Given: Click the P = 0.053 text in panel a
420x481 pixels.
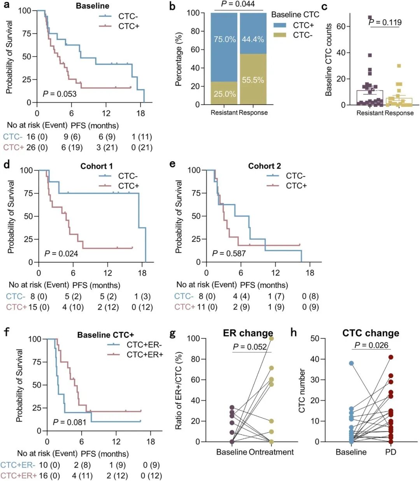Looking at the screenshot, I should point(59,94).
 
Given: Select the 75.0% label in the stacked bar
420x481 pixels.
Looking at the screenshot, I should point(225,39).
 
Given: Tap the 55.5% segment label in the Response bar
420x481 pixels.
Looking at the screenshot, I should point(253,80).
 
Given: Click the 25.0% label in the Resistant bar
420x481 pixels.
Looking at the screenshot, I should point(225,94).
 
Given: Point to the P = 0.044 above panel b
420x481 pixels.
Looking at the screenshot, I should point(238,4).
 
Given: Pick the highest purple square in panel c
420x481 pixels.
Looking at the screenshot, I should point(370,17).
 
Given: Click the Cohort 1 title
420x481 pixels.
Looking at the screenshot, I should point(96,166).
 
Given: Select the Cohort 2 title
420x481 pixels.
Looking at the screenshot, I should point(264,166).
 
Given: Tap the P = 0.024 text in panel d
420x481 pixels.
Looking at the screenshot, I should point(61,254).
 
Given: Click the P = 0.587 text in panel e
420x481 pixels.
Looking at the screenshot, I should point(229,254).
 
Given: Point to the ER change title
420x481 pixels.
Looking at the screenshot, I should point(248,333).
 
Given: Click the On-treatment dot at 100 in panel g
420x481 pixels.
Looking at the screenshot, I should point(271,338).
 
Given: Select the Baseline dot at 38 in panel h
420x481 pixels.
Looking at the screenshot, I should point(351,363).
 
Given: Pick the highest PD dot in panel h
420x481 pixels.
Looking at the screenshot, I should point(391,357).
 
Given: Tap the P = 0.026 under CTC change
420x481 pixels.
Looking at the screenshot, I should point(371,345).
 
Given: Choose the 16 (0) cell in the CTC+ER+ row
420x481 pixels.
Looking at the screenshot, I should point(49,476).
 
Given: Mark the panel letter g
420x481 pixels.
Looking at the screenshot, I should point(173,333).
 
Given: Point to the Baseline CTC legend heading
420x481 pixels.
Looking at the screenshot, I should point(295,14).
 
